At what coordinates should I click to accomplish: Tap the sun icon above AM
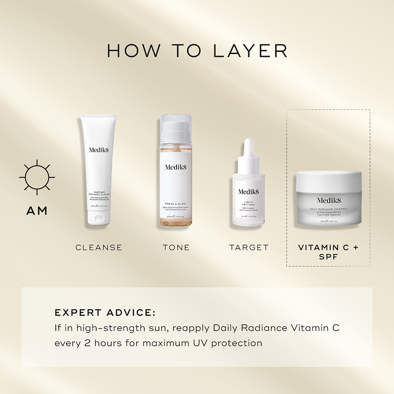click(x=37, y=177)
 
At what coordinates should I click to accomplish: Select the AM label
click(x=37, y=210)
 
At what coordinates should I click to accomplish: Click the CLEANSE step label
click(x=99, y=247)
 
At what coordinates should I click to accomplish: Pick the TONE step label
click(x=176, y=247)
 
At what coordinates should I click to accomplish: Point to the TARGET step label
click(x=249, y=247)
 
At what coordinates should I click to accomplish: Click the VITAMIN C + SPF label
click(x=328, y=252)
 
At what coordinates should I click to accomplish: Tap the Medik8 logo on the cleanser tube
click(x=99, y=150)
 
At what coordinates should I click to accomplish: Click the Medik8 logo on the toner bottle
click(x=176, y=167)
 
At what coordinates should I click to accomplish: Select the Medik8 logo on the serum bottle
click(x=249, y=192)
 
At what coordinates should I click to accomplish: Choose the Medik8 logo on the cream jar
click(x=329, y=200)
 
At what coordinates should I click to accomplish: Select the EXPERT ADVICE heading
click(x=105, y=312)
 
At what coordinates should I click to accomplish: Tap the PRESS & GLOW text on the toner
click(x=176, y=204)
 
